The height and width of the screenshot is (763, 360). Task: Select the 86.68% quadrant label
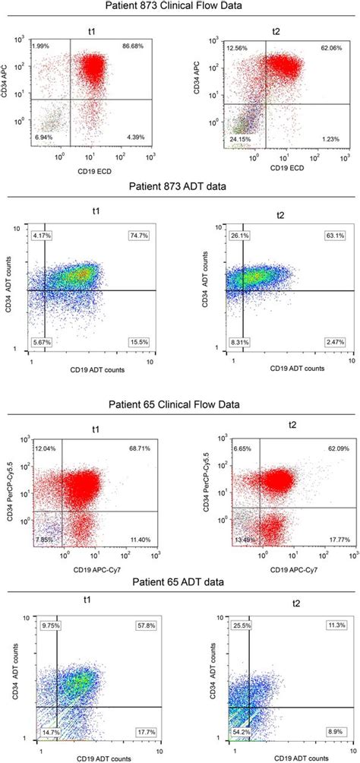point(131,47)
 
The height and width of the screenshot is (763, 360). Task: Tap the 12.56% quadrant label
point(237,47)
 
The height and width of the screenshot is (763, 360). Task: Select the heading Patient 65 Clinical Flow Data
point(179,404)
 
